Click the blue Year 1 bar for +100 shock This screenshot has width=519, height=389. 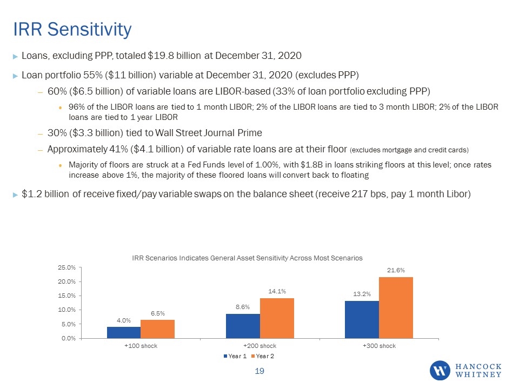coord(124,332)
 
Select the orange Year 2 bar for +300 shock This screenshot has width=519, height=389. coord(396,307)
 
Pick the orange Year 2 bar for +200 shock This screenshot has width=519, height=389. coord(277,318)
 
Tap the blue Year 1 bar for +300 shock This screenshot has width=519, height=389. coord(362,319)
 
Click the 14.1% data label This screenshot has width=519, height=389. coord(277,291)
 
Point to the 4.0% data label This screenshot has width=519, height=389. coord(124,320)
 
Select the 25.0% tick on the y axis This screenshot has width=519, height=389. coord(67,267)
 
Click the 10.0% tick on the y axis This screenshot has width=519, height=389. coord(67,310)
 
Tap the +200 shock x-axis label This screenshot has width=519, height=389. coord(260,346)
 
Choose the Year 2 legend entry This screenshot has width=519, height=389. coord(263,356)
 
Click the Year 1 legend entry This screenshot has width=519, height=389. coord(235,356)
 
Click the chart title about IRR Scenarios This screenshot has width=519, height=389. coord(247,258)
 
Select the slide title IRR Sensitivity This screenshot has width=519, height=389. coord(72,29)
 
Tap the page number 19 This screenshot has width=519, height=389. coord(259,371)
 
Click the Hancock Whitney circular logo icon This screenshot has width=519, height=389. coord(440,371)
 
